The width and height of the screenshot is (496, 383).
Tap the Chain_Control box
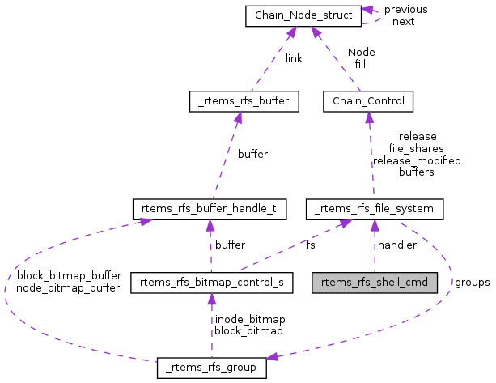(368, 101)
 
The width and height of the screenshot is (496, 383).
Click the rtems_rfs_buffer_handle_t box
(210, 210)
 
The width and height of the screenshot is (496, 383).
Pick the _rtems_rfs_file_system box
(375, 210)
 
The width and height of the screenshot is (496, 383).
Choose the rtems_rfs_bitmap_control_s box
(211, 283)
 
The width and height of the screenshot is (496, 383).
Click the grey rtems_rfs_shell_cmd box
(375, 283)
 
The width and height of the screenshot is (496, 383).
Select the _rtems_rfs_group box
(211, 368)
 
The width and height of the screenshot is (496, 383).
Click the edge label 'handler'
(397, 245)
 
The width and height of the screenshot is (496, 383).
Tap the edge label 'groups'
(471, 283)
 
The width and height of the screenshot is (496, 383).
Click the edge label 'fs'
(311, 245)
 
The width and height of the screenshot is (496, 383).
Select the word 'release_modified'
(417, 160)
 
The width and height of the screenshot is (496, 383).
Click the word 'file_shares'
(417, 149)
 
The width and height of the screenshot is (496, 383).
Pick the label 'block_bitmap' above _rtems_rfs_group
(249, 331)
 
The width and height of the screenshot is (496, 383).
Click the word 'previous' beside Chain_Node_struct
(406, 10)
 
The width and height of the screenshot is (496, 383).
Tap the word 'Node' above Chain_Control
(361, 52)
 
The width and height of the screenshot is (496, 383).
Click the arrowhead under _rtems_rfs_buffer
(237, 117)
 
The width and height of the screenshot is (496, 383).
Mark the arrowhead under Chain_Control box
(369, 117)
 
